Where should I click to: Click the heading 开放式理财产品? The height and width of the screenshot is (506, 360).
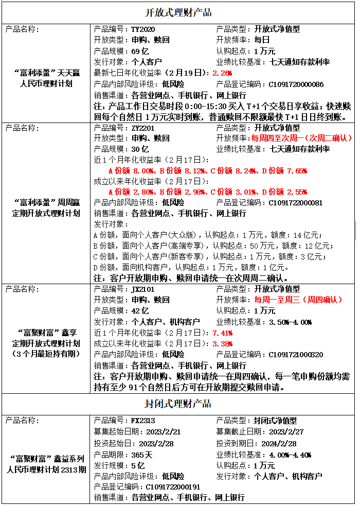click(178, 12)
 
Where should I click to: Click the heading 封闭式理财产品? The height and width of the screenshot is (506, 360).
click(178, 404)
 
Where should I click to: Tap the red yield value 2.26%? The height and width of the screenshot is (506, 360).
click(222, 73)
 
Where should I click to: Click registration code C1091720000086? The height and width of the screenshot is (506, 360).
click(296, 84)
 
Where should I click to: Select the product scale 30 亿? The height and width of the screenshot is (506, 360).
click(140, 149)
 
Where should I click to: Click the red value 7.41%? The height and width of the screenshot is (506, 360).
click(222, 333)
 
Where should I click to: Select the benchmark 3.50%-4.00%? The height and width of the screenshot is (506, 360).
click(291, 322)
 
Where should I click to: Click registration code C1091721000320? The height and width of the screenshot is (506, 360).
click(296, 355)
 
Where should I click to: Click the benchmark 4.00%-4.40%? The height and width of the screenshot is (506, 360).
click(291, 455)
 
